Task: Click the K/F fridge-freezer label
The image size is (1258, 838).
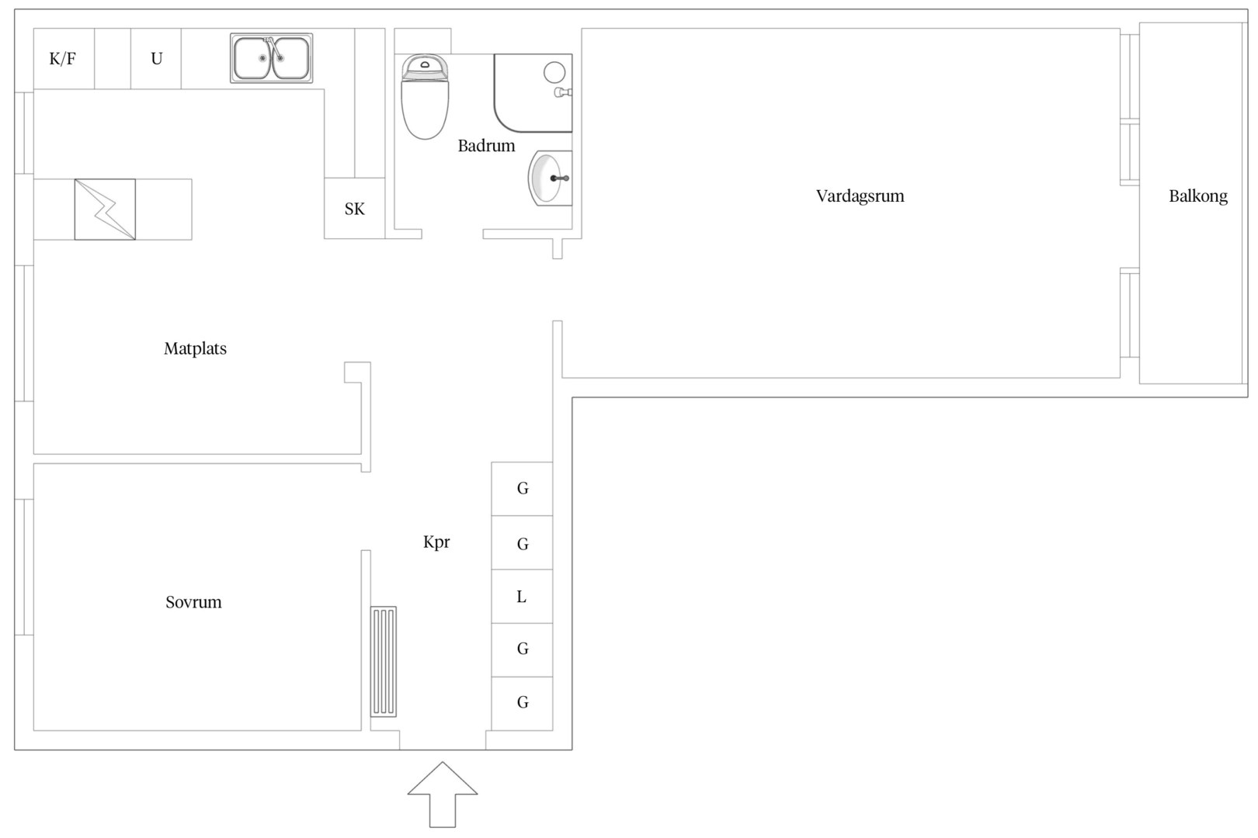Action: [62, 59]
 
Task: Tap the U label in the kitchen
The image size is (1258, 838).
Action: [157, 59]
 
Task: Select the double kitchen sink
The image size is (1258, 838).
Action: [271, 58]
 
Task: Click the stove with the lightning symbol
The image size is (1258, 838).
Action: [105, 209]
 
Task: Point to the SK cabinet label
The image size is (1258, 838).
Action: [354, 209]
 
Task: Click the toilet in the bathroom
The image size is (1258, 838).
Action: [425, 96]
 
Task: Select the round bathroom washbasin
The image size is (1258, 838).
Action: [550, 178]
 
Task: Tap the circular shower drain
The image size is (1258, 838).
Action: [554, 72]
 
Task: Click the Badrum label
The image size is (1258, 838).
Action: [486, 146]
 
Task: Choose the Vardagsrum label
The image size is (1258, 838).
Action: [860, 196]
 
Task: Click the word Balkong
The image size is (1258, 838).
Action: [1198, 196]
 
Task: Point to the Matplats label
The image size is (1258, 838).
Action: [195, 348]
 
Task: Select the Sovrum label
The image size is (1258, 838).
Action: [193, 602]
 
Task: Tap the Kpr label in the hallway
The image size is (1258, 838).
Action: [436, 542]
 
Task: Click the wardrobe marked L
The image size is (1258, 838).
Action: [523, 596]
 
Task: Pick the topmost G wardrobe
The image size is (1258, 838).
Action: [523, 489]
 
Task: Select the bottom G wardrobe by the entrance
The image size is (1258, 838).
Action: [523, 703]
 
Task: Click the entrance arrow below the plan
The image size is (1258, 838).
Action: [443, 795]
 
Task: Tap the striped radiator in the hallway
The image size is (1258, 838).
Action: [384, 662]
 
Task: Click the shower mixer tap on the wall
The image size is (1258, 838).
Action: [563, 92]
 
